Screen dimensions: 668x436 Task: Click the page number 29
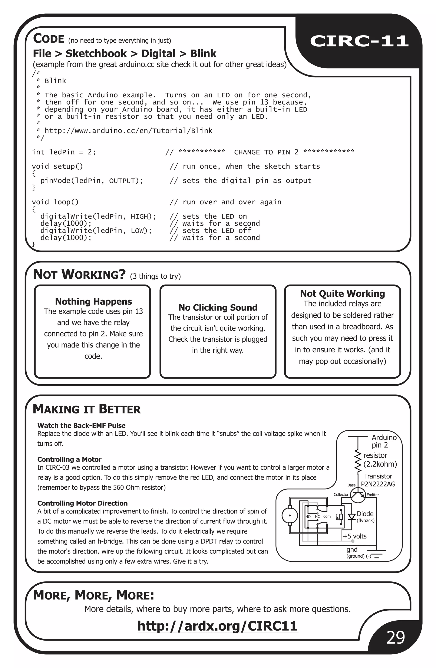click(x=396, y=637)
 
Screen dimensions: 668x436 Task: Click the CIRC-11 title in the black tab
click(x=359, y=41)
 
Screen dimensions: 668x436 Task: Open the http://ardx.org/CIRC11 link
click(x=218, y=626)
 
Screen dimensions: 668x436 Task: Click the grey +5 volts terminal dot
click(x=353, y=541)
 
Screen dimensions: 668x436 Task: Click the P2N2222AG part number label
click(x=378, y=484)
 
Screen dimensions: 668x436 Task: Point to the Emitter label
click(x=373, y=495)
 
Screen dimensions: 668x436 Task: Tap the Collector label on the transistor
click(x=341, y=494)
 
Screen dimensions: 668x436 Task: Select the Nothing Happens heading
click(x=93, y=301)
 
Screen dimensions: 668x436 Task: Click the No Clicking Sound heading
click(x=218, y=308)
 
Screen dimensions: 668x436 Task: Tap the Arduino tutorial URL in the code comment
click(x=128, y=131)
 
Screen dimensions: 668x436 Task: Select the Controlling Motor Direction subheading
click(x=82, y=503)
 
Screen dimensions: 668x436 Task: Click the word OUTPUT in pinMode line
click(x=122, y=181)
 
